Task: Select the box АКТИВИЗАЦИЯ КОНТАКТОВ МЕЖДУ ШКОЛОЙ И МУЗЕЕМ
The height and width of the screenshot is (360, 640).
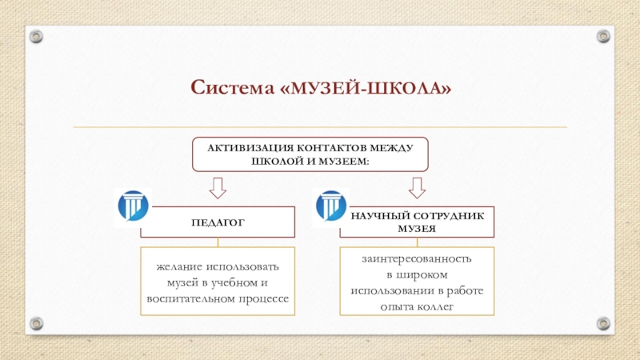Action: coord(310,153)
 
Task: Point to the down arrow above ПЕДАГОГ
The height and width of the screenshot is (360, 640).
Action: coord(218,188)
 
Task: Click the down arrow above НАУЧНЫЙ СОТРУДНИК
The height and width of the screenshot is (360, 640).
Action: coord(417,188)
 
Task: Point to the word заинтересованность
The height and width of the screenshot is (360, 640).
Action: coord(416,259)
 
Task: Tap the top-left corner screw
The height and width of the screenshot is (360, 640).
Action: coord(35,36)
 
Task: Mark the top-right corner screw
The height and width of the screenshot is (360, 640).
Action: coord(603,36)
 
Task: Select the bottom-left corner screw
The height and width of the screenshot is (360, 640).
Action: coord(35,323)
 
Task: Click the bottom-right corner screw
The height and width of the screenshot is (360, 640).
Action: coord(603,323)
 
